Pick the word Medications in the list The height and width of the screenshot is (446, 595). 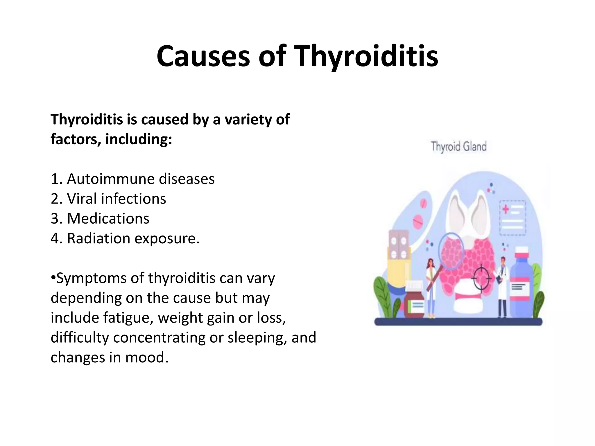(x=108, y=219)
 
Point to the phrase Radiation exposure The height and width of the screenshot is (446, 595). (x=133, y=238)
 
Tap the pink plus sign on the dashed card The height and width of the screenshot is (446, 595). (x=506, y=209)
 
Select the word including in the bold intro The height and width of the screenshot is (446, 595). (x=136, y=139)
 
